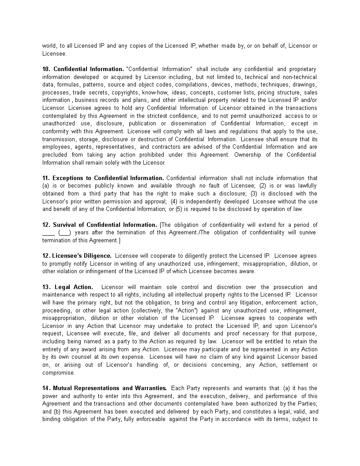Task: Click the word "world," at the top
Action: tap(50, 46)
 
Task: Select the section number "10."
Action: tap(46, 69)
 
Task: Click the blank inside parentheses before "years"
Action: tap(64, 233)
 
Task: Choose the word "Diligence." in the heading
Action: tap(97, 256)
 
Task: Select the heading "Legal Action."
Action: tap(74, 287)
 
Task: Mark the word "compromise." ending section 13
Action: tap(59, 372)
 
